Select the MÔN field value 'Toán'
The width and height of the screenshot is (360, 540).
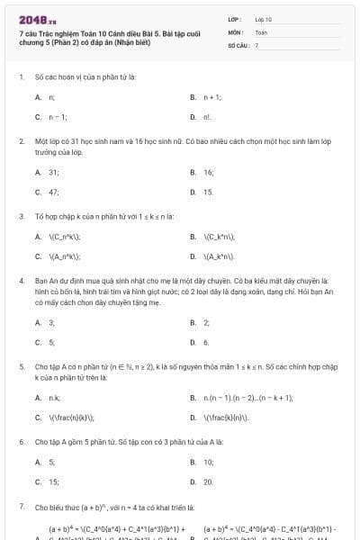click(x=262, y=31)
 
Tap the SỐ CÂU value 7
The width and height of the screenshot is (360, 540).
click(x=257, y=44)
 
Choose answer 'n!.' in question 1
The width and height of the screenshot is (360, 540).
click(x=208, y=117)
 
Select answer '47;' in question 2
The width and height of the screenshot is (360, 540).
click(x=54, y=192)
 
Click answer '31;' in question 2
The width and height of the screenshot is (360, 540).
click(x=54, y=171)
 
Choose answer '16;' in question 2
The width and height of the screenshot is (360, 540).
click(x=209, y=171)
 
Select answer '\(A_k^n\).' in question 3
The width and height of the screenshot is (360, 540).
click(x=220, y=256)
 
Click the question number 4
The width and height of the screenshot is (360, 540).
click(x=22, y=281)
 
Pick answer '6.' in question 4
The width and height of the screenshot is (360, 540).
click(x=206, y=342)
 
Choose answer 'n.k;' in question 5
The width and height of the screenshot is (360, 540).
click(x=55, y=397)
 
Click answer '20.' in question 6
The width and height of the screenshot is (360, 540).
click(x=209, y=481)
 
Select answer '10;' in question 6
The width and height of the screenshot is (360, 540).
click(x=209, y=462)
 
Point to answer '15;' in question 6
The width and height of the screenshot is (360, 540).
click(x=54, y=481)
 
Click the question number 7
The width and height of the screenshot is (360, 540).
click(x=22, y=507)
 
